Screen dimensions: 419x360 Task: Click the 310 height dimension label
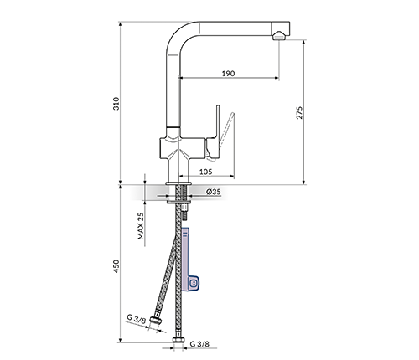[x=116, y=103]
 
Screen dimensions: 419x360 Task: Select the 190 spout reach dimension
[x=228, y=74]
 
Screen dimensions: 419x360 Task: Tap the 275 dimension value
[x=299, y=112]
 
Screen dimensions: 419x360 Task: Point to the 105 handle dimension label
[x=205, y=172]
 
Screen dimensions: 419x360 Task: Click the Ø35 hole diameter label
[x=214, y=192]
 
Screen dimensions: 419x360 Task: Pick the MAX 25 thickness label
[x=141, y=226]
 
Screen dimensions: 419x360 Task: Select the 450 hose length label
[x=116, y=266]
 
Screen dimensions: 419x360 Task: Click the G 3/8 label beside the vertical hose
[x=199, y=344]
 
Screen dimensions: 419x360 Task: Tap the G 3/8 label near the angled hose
[x=137, y=319]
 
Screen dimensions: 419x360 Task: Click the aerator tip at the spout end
[x=279, y=37]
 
